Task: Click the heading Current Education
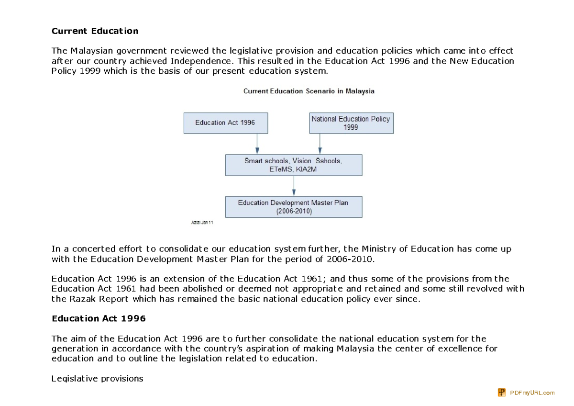95,31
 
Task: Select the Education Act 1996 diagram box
225,123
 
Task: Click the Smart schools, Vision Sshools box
293,165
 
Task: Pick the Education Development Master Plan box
293,207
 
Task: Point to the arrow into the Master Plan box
294,186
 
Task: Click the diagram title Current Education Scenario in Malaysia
309,91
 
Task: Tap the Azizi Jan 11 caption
202,223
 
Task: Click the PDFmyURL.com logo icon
502,393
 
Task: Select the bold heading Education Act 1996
99,318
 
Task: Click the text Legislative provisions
97,379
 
